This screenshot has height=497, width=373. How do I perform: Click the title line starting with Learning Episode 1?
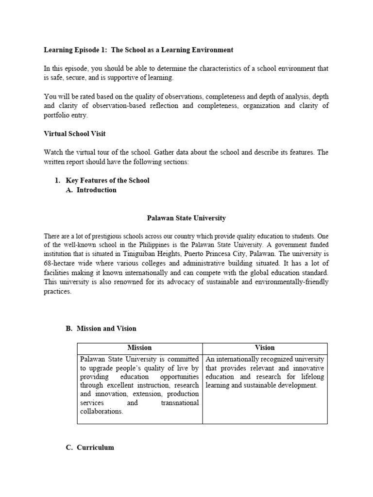(138, 50)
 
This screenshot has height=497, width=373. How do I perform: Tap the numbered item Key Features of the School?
(107, 181)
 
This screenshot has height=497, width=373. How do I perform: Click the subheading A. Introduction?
(96, 190)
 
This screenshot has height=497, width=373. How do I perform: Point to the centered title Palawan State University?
(186, 218)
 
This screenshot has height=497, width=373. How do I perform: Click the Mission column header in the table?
(139, 348)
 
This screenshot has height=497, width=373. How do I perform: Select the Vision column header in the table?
(265, 348)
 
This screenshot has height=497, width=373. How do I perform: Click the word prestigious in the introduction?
(98, 236)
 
